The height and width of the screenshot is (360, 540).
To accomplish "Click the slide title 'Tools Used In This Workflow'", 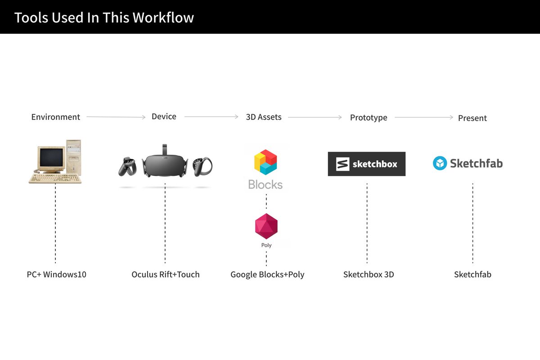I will tap(104, 18).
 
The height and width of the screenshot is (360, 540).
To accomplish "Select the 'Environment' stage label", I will tap(55, 117).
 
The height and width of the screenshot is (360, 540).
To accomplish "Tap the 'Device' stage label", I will tap(164, 117).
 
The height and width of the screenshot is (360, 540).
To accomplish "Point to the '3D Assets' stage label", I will tap(264, 117).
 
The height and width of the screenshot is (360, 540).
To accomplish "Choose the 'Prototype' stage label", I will tap(369, 117).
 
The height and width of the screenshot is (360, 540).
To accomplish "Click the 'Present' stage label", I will tap(472, 118).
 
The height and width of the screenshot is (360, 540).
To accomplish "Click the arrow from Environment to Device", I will tap(116, 117).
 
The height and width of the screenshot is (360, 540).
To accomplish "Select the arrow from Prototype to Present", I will tap(424, 117).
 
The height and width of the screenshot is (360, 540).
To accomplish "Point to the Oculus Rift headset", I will tap(165, 162).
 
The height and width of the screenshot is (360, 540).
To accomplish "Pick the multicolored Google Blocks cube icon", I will tap(265, 162).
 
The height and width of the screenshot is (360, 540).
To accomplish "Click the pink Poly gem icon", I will tap(266, 226).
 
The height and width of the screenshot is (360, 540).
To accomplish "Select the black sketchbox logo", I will tap(366, 164).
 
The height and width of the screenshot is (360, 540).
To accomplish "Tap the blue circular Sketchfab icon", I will tap(440, 163).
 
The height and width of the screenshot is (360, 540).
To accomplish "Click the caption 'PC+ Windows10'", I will tap(56, 274).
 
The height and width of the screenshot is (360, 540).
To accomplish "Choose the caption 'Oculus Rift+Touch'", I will tap(166, 274).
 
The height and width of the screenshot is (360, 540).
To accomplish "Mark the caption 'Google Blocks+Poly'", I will tap(267, 274).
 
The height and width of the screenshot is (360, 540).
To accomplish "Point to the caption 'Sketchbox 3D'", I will tap(369, 274).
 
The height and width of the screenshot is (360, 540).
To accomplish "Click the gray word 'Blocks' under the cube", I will tap(265, 184).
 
